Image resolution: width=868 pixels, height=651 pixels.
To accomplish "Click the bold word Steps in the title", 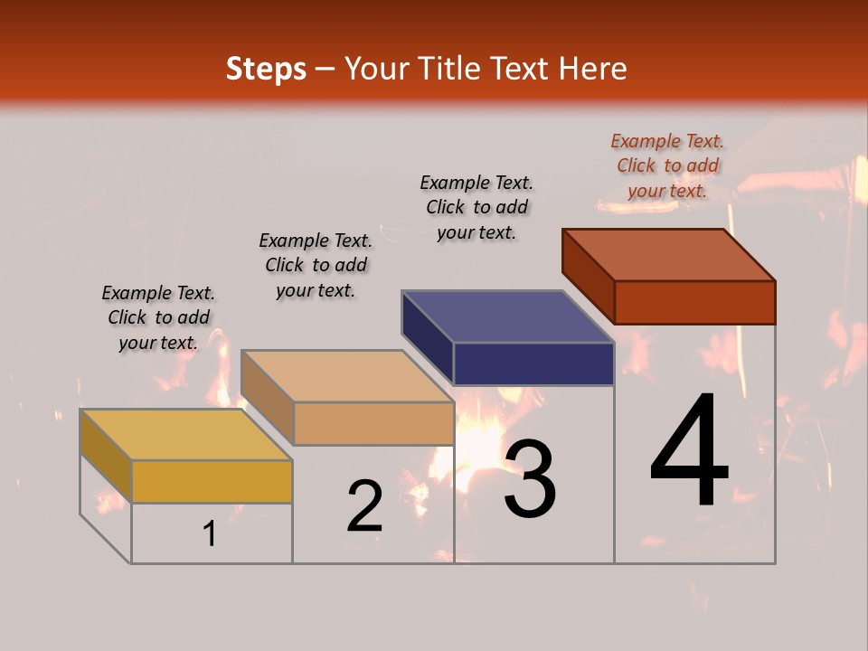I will [266, 69].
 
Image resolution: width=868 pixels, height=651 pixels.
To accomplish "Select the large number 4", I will [689, 452].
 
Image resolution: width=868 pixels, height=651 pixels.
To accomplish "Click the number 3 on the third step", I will [530, 478].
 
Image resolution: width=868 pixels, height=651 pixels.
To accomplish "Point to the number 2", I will [364, 506].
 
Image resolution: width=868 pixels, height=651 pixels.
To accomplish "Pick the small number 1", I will [209, 534].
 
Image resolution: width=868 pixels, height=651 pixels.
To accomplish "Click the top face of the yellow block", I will [185, 434].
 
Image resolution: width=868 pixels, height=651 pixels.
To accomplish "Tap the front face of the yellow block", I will [212, 481].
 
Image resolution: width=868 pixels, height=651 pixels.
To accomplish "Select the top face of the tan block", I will [346, 375].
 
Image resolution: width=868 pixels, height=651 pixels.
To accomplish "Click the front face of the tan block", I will [373, 423].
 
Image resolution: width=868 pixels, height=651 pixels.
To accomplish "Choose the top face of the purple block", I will [507, 316].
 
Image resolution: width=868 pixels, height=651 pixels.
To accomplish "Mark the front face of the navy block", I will [533, 363].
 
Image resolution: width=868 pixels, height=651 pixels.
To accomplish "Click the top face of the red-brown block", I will [668, 254].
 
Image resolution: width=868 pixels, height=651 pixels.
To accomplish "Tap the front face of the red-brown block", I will [694, 302].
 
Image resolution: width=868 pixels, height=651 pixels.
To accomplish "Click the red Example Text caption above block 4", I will [667, 165].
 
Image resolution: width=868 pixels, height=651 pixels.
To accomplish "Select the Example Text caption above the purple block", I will [476, 207].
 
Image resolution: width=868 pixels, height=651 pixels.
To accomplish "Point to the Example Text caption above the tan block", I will [316, 265].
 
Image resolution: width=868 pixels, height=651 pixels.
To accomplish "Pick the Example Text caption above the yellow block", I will [158, 317].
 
